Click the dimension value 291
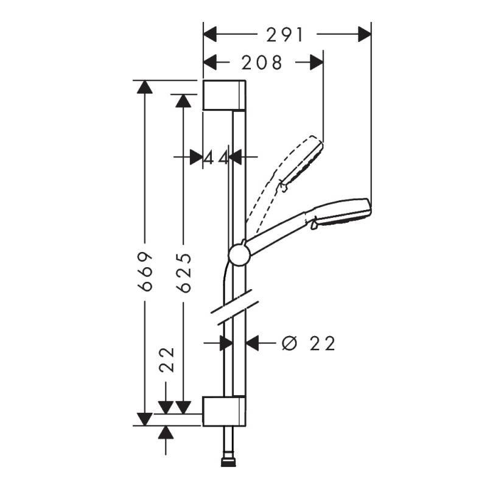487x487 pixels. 285,35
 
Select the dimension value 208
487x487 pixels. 262,62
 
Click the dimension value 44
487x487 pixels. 215,158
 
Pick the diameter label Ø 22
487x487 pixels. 309,344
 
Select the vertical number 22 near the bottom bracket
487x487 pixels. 166,359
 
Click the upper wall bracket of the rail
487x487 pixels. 224,95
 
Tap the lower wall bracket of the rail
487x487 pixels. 224,412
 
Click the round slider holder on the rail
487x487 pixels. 239,254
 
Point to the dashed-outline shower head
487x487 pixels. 301,161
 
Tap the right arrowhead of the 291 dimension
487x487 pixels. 365,35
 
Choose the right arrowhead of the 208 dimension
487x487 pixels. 317,62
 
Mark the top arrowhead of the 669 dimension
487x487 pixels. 144,86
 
